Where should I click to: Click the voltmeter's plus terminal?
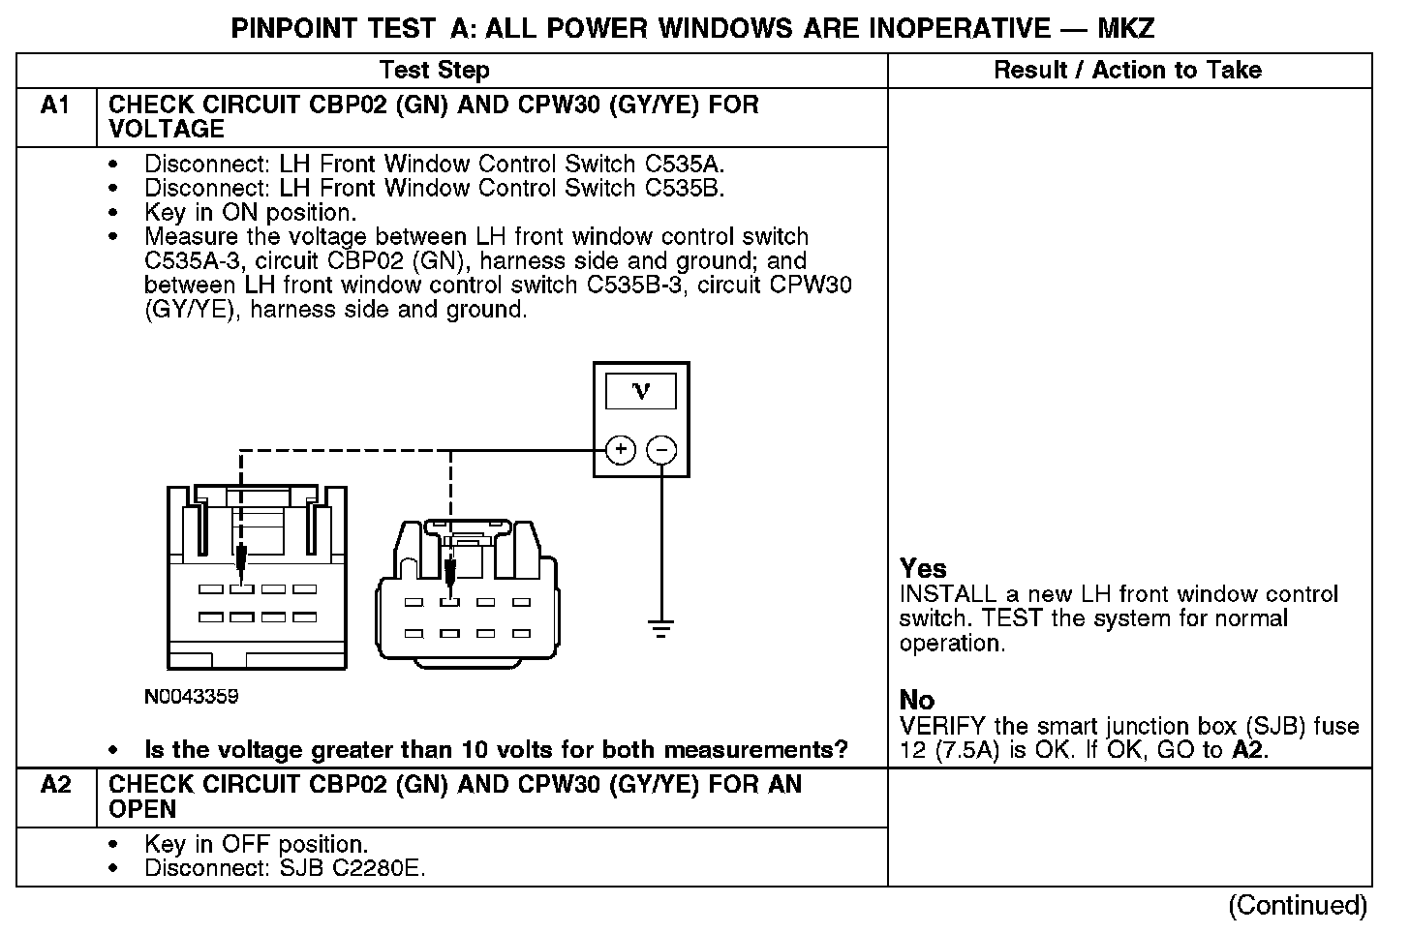click(x=621, y=450)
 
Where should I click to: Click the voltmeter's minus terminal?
click(x=661, y=450)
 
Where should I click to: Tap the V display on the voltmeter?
click(x=641, y=391)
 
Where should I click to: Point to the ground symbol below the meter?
click(x=661, y=630)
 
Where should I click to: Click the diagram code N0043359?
click(x=191, y=697)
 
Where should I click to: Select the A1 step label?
click(x=56, y=105)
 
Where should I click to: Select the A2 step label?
click(x=56, y=785)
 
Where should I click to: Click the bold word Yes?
click(x=923, y=568)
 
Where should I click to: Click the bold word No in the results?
click(x=917, y=700)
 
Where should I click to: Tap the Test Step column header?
click(x=435, y=70)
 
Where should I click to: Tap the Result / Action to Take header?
click(x=1128, y=70)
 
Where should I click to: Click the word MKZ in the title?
click(x=1126, y=28)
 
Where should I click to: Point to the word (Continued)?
click(x=1298, y=906)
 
